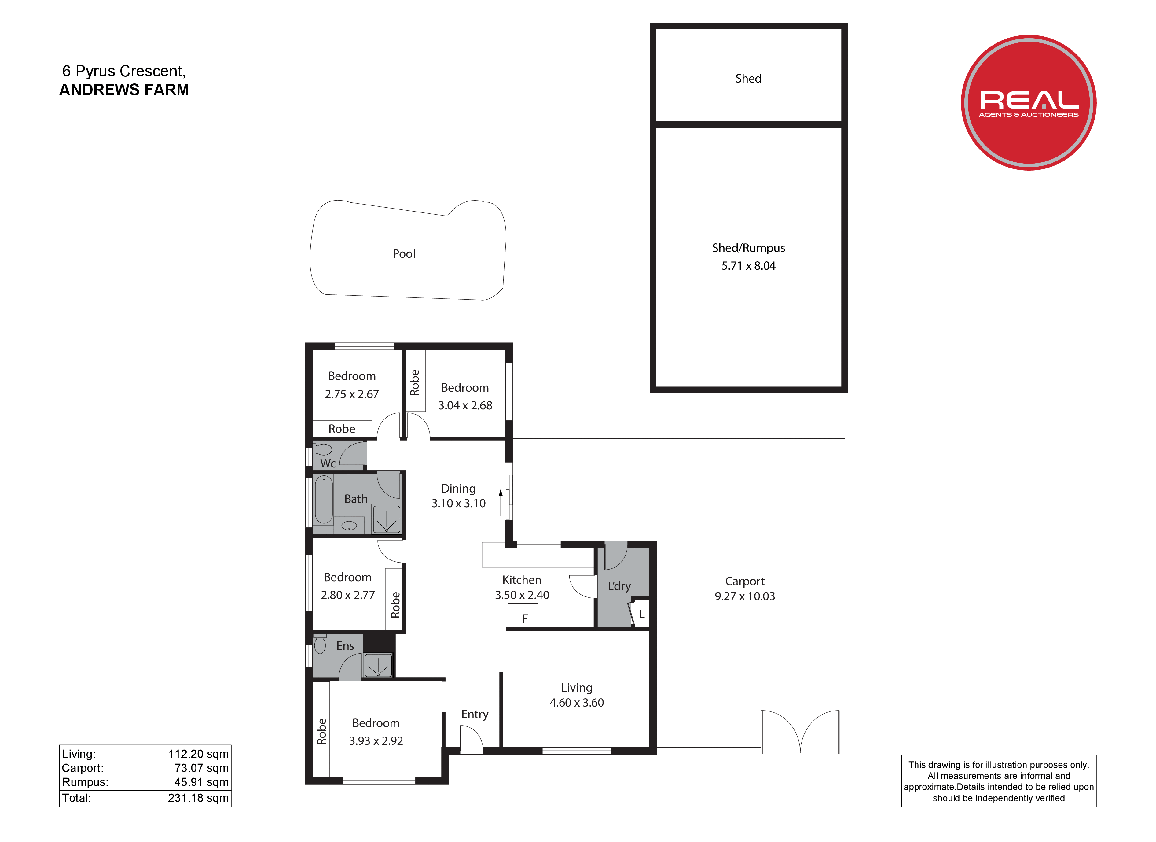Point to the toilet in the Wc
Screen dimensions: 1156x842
(x=322, y=450)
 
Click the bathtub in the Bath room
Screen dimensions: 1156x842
(x=324, y=499)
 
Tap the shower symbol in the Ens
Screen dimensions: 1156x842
(x=378, y=666)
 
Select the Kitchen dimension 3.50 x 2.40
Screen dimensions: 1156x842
(x=522, y=595)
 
